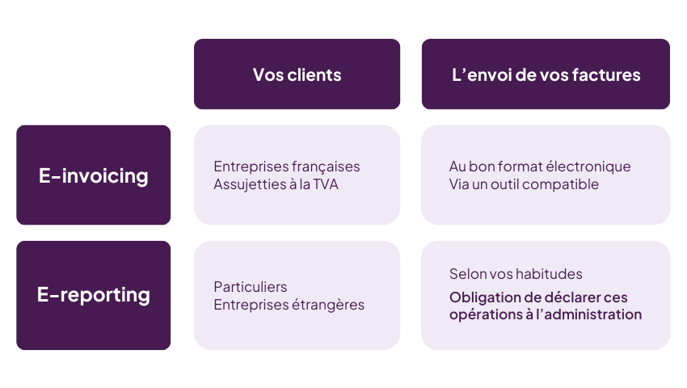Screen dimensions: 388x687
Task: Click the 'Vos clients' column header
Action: click(x=297, y=74)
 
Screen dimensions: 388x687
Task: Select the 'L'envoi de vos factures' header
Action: click(x=546, y=74)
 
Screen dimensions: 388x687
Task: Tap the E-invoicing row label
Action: click(x=94, y=175)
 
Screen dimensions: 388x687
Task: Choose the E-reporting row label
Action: click(x=94, y=295)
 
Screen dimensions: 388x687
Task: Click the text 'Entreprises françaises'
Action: click(x=287, y=167)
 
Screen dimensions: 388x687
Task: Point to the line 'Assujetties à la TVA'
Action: click(x=275, y=184)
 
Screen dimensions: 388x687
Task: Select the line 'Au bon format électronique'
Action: click(x=540, y=167)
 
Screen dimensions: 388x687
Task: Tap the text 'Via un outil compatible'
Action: click(x=524, y=184)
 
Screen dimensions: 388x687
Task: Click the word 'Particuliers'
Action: click(x=251, y=287)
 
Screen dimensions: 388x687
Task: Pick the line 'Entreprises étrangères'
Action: click(x=289, y=305)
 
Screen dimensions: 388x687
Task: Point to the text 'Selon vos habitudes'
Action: click(x=516, y=274)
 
